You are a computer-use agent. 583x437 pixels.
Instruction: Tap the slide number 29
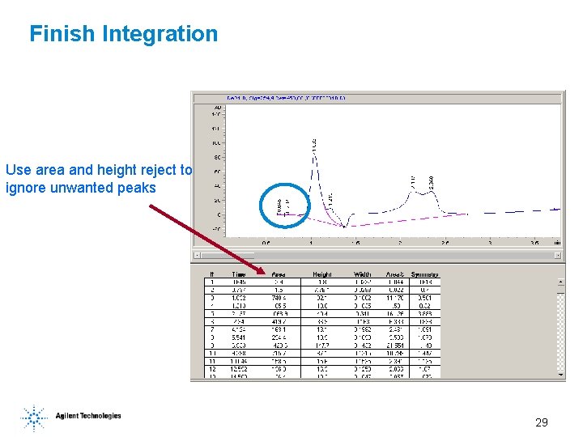tap(542, 422)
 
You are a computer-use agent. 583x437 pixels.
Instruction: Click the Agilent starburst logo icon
tap(34, 418)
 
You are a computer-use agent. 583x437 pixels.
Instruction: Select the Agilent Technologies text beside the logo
tap(88, 416)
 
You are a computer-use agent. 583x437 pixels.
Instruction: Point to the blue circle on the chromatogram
tap(285, 202)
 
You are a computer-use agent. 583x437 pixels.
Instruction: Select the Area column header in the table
tap(279, 274)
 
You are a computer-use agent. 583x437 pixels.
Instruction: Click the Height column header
tap(321, 274)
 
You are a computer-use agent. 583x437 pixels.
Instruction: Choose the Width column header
tap(364, 274)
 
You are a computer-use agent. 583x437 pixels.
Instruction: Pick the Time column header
tap(240, 274)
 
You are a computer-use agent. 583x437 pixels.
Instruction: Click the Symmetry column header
tap(424, 274)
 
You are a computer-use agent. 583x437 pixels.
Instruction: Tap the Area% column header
tap(394, 274)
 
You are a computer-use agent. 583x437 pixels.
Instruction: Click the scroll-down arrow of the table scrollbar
tap(561, 375)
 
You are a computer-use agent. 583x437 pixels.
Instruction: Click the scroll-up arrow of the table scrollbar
tap(561, 282)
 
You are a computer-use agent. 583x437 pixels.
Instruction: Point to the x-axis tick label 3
tap(490, 242)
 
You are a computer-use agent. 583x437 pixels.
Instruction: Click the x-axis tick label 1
tap(311, 242)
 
